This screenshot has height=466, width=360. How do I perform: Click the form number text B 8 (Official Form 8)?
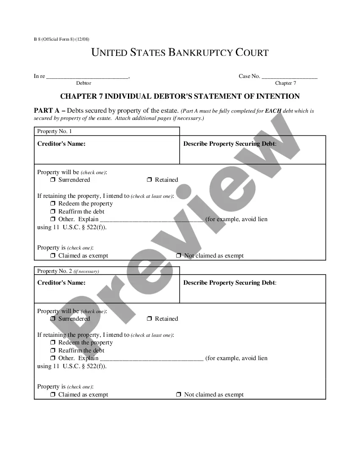61,39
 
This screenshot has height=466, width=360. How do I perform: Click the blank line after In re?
87,76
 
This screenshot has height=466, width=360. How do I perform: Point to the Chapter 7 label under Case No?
285,83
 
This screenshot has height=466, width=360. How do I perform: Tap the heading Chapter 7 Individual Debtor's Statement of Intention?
180,96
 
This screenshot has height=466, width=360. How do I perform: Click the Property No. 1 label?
55,131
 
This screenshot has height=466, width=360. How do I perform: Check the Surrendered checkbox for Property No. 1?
53,180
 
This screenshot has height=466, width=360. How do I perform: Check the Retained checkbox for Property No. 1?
150,180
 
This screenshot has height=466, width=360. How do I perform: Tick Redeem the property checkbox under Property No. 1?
53,204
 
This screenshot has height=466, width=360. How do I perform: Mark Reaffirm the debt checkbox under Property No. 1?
53,211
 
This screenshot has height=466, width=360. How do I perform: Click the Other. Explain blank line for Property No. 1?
152,219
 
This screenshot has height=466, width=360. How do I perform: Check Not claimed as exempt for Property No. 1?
179,256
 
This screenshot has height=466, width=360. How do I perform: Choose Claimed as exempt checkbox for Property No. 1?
53,256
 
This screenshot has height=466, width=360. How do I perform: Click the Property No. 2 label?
55,271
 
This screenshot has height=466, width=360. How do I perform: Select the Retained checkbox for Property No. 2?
150,319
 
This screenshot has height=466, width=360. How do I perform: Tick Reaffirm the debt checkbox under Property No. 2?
53,350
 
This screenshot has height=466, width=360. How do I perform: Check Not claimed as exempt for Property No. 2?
179,395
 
